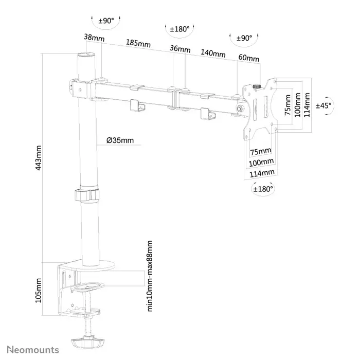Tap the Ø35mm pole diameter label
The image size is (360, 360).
[121, 140]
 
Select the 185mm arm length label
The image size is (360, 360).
[137, 44]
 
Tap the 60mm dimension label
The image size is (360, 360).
[248, 58]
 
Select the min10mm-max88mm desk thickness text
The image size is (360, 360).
[150, 275]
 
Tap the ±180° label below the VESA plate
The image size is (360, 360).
[263, 189]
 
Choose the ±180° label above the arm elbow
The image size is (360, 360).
[180, 29]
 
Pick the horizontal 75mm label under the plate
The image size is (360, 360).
[260, 151]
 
